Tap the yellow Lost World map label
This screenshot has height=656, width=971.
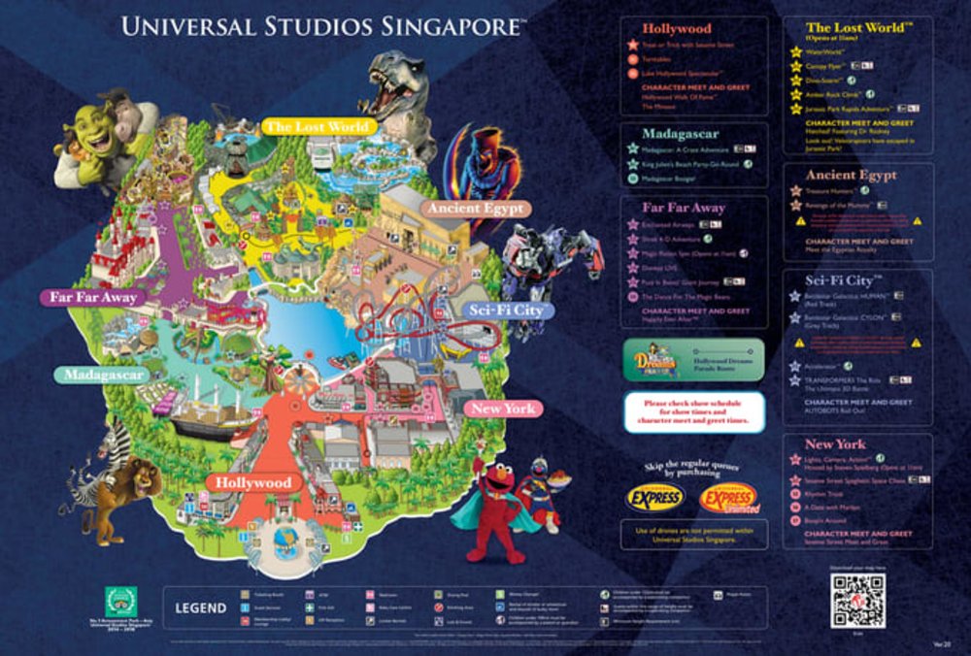[317, 126]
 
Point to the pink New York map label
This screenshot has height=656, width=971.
[502, 408]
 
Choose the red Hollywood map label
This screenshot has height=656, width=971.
[253, 482]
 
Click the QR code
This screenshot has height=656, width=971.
[857, 602]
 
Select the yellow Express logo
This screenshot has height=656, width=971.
[653, 498]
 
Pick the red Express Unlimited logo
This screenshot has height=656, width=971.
[729, 498]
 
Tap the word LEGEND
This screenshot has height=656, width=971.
[200, 608]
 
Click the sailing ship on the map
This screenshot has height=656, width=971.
[209, 408]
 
